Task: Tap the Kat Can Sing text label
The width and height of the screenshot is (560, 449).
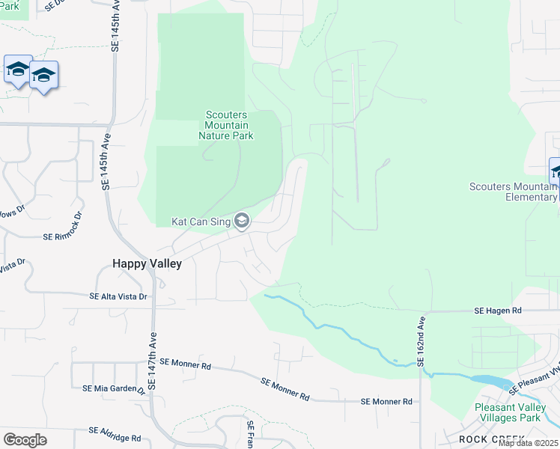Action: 201,222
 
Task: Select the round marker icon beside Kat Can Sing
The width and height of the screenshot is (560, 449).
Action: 242,220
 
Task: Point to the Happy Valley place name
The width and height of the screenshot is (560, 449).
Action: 147,263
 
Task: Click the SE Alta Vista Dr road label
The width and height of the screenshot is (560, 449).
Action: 118,297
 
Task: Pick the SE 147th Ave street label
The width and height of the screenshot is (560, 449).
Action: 152,360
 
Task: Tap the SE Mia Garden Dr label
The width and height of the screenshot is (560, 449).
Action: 114,389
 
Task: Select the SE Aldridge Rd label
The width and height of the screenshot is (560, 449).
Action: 115,431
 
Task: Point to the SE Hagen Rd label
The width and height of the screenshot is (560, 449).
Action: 498,310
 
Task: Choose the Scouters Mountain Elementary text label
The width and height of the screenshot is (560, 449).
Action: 514,192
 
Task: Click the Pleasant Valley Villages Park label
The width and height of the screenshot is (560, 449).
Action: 512,412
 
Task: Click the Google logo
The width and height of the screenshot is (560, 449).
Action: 25,440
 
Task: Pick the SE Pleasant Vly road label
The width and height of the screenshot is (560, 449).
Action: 535,379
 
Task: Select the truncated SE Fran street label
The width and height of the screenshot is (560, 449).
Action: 252,433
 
